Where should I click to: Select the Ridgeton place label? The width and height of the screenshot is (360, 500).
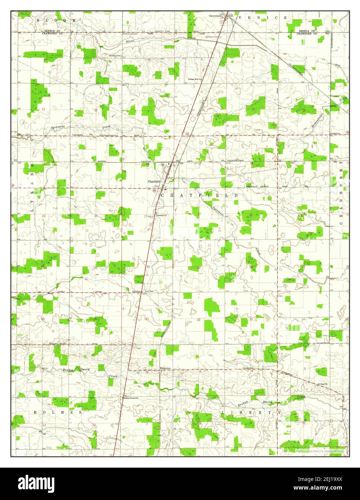(x=165, y=368)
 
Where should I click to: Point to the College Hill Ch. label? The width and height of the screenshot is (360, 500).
(x=195, y=79)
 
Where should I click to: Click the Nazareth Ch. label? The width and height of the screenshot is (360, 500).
(x=161, y=215)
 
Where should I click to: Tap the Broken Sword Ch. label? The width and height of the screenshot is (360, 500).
(x=131, y=398)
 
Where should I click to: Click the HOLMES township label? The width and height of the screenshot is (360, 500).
(x=58, y=412)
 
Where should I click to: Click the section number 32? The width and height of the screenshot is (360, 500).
(x=198, y=319)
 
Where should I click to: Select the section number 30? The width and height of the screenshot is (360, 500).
(x=148, y=267)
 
